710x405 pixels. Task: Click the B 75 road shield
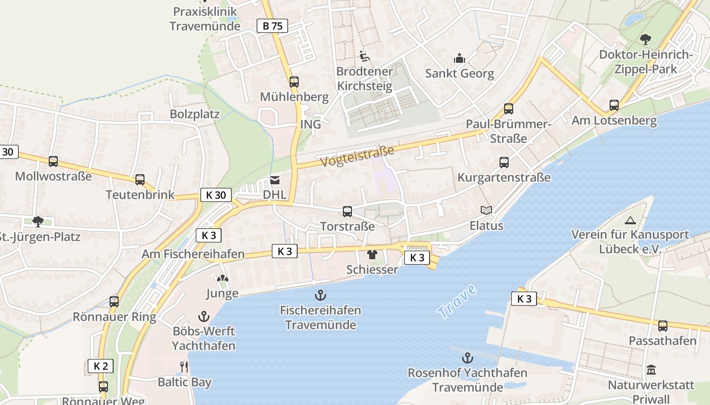pyautogui.click(x=272, y=26)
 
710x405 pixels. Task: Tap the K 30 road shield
pyautogui.click(x=216, y=195)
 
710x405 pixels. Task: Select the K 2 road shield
pyautogui.click(x=100, y=366)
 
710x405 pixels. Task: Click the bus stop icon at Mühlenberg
pyautogui.click(x=294, y=82)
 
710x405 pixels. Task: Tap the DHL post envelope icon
pyautogui.click(x=275, y=180)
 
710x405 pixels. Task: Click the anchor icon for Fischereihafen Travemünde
pyautogui.click(x=321, y=295)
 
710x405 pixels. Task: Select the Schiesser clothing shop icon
pyautogui.click(x=372, y=254)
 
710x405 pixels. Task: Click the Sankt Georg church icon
pyautogui.click(x=459, y=58)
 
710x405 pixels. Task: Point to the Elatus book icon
pyautogui.click(x=486, y=210)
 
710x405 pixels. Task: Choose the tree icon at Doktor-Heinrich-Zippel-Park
pyautogui.click(x=646, y=39)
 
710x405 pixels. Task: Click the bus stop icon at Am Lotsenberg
pyautogui.click(x=614, y=105)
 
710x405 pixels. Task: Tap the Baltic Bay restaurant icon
pyautogui.click(x=185, y=367)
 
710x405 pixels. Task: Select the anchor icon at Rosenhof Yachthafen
pyautogui.click(x=468, y=358)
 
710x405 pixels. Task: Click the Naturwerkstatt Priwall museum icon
pyautogui.click(x=651, y=370)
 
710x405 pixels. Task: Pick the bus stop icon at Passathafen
pyautogui.click(x=663, y=326)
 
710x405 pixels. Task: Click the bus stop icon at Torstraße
pyautogui.click(x=347, y=211)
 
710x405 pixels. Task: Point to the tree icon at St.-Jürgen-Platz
pyautogui.click(x=38, y=221)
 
